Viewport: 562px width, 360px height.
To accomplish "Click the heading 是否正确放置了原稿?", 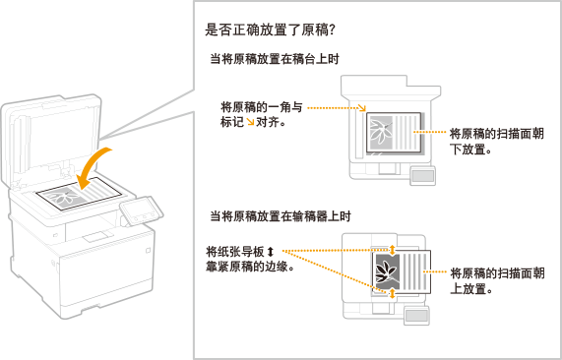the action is pos(270,30).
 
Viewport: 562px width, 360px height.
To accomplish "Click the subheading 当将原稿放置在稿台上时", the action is pos(275,59).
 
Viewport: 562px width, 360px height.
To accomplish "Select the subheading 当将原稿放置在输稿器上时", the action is pos(280,216).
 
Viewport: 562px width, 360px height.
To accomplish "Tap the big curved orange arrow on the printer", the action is pos(94,167).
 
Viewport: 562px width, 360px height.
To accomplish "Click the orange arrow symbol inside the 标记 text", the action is pos(250,122).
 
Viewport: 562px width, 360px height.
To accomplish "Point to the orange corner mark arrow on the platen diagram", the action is pos(362,107).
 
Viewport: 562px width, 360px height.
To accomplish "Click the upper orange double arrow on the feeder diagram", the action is pos(392,249).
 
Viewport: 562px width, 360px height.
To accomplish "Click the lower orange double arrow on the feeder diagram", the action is pos(392,293).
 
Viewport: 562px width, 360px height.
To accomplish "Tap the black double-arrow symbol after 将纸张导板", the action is pos(271,252).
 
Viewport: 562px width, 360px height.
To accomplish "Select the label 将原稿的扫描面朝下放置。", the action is pos(497,142).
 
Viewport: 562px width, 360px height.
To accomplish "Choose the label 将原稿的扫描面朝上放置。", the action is pos(497,281).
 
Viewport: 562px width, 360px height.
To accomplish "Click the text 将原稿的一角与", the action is pos(262,107).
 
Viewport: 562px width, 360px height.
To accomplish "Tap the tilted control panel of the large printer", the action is pos(142,211).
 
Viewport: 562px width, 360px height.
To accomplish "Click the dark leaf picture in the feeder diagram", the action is pos(386,271).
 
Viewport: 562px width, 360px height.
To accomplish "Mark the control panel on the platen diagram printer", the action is pos(423,175).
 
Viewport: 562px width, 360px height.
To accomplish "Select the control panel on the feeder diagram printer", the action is pos(416,315).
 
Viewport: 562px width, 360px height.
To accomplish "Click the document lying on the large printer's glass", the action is pos(79,194).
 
